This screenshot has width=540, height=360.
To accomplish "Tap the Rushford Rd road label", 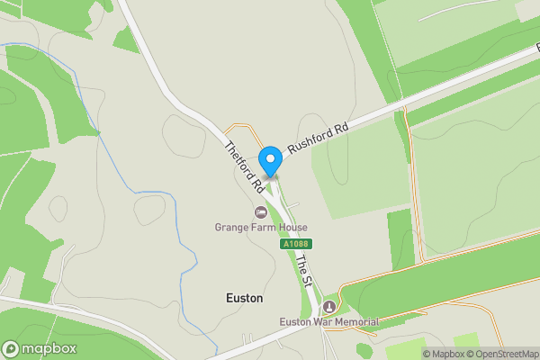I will [x=318, y=141].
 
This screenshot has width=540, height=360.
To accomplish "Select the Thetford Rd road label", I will [x=244, y=167].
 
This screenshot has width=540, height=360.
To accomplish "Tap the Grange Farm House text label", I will [x=261, y=228].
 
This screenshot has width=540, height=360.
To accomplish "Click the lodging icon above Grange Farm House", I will [x=261, y=212].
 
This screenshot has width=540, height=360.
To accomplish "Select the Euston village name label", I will [x=243, y=297].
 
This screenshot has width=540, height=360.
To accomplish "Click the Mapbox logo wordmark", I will [x=49, y=349].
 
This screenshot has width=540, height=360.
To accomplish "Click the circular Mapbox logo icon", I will [x=11, y=349].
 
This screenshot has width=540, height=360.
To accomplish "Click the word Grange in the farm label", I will [x=230, y=228].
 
